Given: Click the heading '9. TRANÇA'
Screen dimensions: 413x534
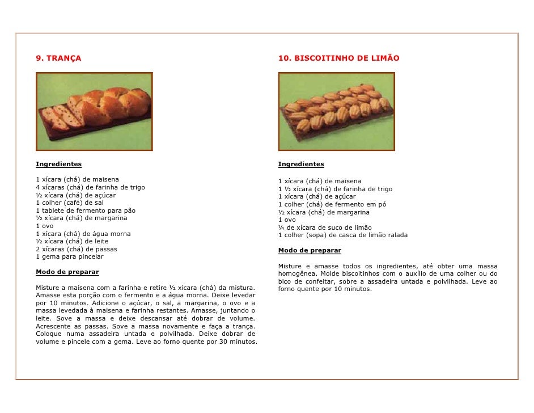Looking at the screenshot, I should (58, 58).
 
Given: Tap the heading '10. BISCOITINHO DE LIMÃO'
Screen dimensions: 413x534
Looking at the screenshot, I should (338, 58).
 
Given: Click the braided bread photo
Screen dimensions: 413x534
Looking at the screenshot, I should (95, 111).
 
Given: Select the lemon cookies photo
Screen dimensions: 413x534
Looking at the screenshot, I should (337, 111).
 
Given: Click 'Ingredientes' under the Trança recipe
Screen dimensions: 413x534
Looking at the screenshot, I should (58, 165).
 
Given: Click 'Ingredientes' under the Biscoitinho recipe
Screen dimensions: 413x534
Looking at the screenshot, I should (301, 165).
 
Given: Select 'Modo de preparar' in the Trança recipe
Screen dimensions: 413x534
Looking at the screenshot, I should (67, 272).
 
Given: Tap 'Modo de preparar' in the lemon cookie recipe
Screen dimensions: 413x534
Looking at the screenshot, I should (310, 250).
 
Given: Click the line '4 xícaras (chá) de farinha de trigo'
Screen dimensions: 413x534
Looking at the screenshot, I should (90, 187).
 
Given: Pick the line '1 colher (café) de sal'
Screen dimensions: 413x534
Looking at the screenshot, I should (69, 203).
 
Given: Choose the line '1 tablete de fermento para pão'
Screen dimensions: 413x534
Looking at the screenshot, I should (86, 210).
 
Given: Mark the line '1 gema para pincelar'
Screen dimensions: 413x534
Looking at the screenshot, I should (69, 256).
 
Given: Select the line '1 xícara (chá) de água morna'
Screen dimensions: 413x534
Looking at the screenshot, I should (83, 234).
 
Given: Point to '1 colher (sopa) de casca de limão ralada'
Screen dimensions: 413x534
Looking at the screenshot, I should (342, 235).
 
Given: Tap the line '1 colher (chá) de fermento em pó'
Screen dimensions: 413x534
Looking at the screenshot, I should (332, 204).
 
